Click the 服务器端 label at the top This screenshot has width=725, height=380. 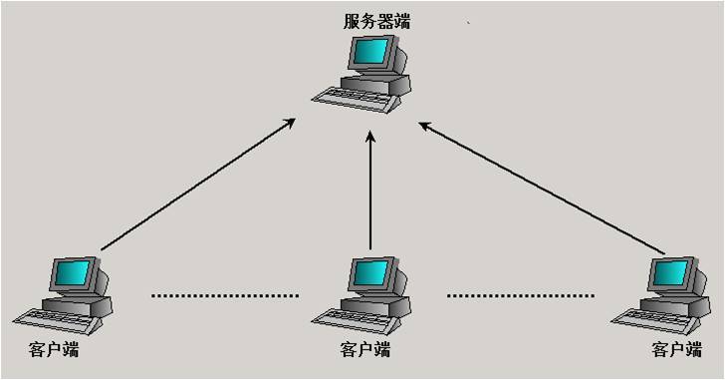click(374, 21)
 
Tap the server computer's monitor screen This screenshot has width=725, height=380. click(372, 51)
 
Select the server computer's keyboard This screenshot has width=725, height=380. click(349, 96)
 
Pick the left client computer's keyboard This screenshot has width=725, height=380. click(49, 318)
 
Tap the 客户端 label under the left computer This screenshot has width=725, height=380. click(55, 350)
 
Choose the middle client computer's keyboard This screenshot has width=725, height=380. click(349, 317)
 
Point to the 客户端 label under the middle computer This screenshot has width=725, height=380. click(365, 350)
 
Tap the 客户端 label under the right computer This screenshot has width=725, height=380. click(677, 350)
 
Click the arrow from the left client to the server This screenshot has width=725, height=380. click(199, 184)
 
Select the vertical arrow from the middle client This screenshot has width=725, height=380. click(369, 194)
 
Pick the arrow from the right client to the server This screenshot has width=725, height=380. click(543, 188)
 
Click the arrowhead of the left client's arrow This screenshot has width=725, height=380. click(290, 123)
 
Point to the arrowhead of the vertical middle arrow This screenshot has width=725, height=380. click(369, 140)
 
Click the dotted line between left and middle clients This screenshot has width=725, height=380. click(225, 295)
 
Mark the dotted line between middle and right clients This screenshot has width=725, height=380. click(521, 295)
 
